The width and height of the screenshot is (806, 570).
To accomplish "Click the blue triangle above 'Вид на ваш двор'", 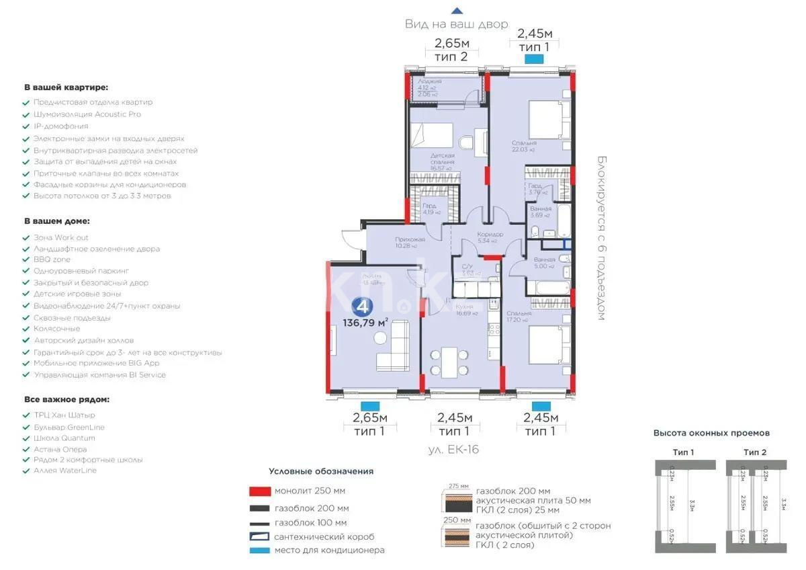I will (457, 11).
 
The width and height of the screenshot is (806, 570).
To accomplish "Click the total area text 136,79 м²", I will (365, 322).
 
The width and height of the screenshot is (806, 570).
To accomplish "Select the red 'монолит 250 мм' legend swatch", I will (259, 491).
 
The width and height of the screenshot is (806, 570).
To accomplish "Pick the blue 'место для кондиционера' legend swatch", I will (259, 551).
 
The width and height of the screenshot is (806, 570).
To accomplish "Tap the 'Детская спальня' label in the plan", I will (443, 159).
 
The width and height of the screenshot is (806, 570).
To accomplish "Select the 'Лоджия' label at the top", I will (429, 81).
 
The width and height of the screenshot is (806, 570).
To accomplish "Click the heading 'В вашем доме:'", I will (56, 220).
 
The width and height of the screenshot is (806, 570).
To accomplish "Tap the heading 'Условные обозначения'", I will (321, 471).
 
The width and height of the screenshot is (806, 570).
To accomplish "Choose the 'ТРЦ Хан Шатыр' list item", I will (64, 415).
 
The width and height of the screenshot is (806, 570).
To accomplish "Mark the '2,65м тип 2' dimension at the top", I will (452, 50).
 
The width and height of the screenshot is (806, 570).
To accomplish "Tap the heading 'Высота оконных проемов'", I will (711, 434).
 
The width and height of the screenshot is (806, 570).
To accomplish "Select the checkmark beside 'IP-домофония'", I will (26, 126).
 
